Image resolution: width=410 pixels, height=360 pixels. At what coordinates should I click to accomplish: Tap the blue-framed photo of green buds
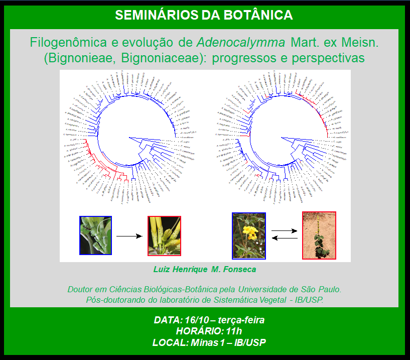click(95, 235)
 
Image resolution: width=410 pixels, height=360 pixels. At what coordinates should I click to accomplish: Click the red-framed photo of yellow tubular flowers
click(164, 235)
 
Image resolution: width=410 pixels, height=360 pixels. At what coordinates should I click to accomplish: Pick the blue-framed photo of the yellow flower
click(248, 235)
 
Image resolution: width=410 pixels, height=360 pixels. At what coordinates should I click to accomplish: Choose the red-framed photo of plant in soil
click(319, 235)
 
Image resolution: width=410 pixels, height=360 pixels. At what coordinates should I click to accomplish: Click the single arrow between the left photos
click(129, 235)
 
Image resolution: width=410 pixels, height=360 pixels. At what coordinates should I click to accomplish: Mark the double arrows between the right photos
click(284, 234)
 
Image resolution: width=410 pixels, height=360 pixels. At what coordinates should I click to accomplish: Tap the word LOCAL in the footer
click(169, 342)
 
